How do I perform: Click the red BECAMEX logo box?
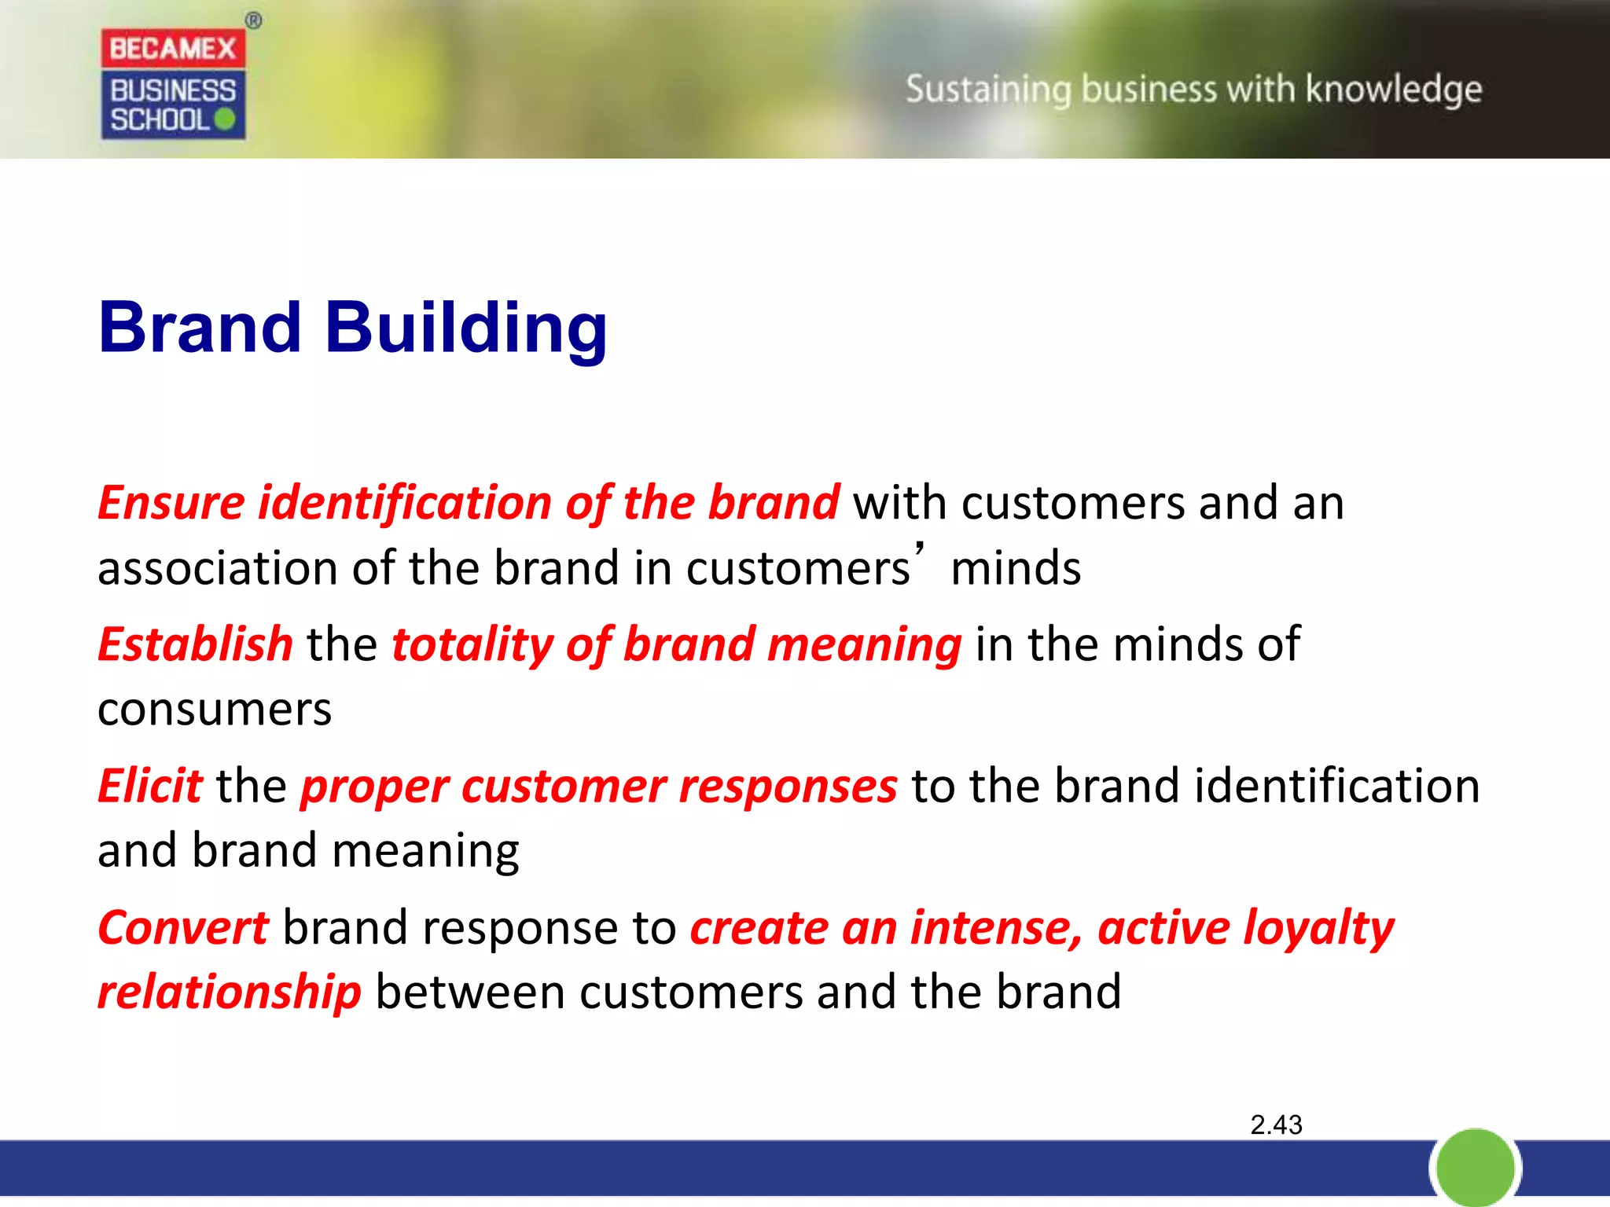172,49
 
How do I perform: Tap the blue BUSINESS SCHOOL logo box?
172,105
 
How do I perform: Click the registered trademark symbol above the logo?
253,21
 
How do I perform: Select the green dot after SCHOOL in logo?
224,119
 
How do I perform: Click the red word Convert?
182,927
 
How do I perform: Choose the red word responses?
788,786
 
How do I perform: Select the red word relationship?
229,992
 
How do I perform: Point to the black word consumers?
214,709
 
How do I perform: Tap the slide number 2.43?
1276,1124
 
